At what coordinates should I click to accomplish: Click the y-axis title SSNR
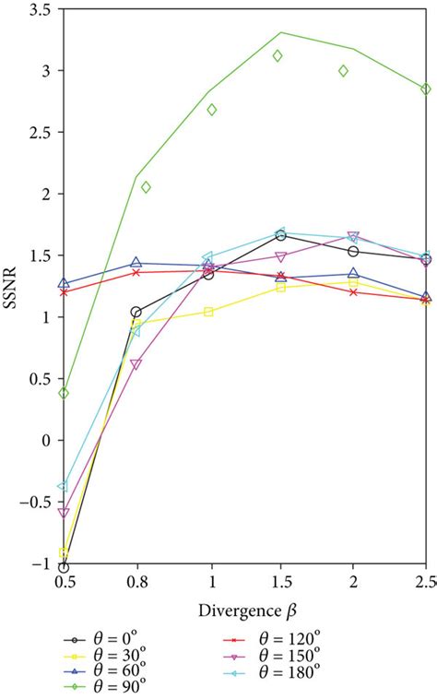coord(17,285)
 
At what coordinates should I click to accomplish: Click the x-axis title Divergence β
coord(243,610)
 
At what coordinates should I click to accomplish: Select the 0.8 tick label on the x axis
coord(136,584)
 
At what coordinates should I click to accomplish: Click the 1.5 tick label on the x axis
coord(280,584)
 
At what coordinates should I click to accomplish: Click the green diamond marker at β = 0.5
coord(64,393)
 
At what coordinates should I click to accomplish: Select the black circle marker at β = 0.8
coord(136,312)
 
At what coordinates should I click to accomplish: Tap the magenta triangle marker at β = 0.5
coord(64,512)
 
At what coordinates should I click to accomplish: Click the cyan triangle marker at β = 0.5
coord(64,486)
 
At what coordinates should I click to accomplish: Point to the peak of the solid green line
coord(281,32)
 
